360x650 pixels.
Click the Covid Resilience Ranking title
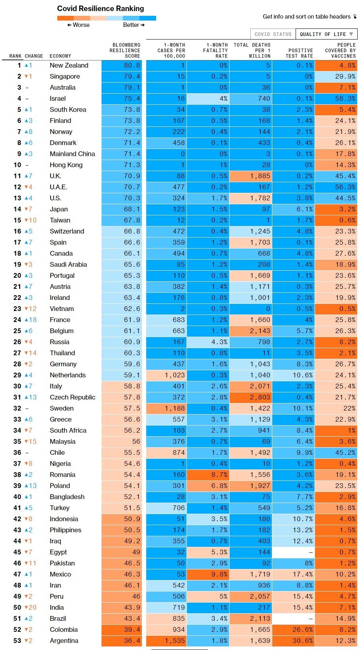pos(100,8)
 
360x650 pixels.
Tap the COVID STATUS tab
pos(273,34)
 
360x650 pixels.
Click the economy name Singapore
pos(65,77)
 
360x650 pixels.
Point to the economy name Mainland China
pos(72,154)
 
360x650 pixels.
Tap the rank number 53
pos(17,641)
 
